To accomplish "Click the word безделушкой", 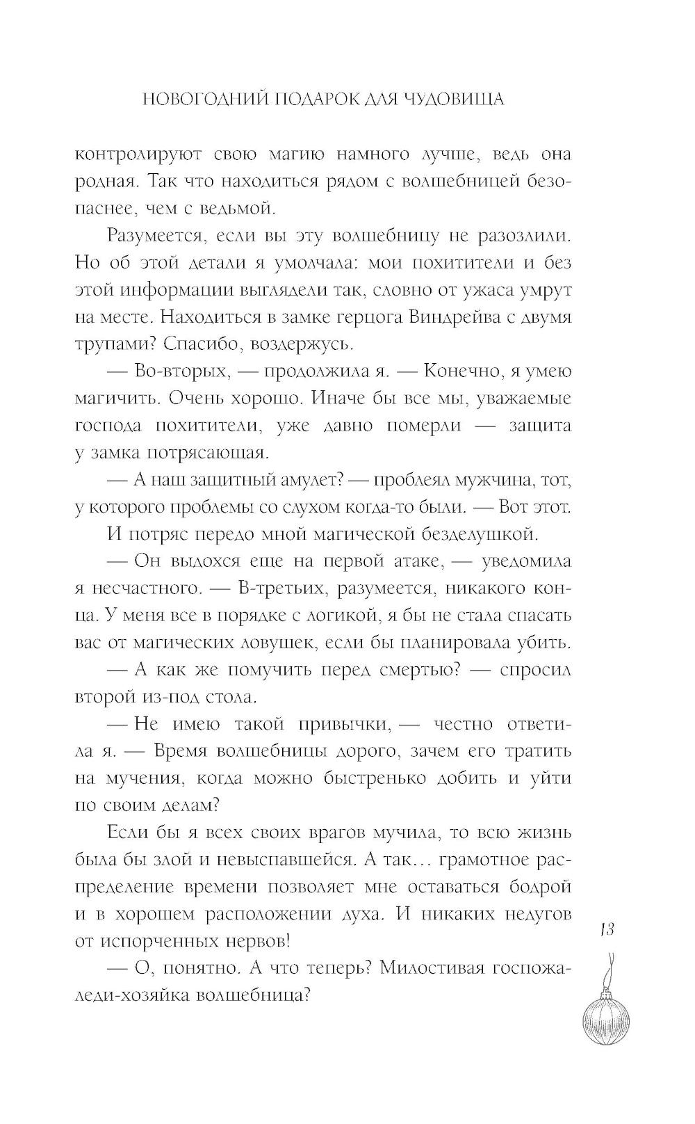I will pos(473,535).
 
